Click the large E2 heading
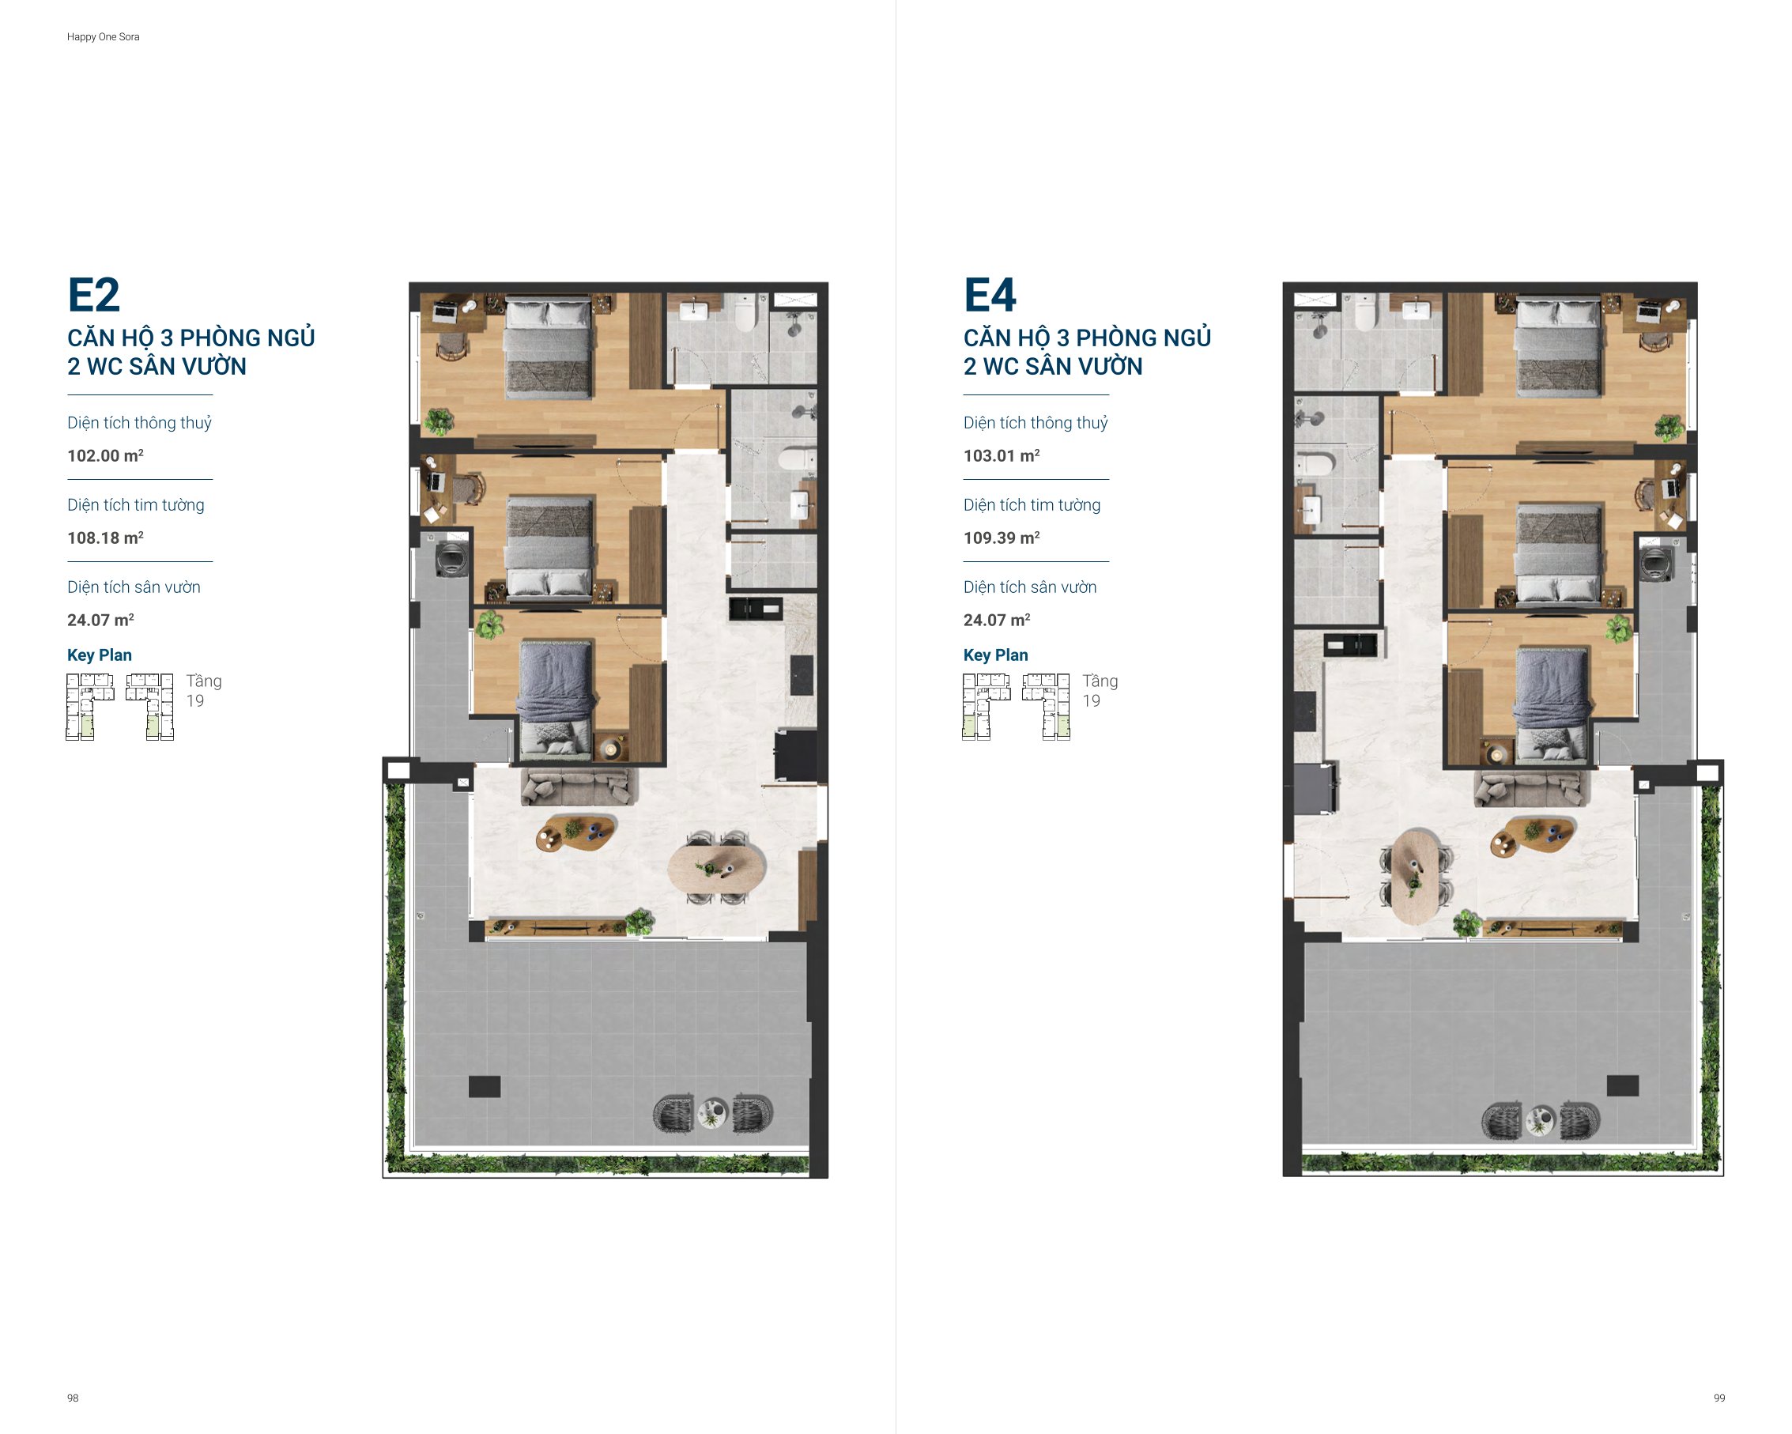94,295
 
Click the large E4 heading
990,295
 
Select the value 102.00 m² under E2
106,455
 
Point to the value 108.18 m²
106,538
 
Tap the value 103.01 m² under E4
1002,455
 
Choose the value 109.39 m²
1002,538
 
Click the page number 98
74,1398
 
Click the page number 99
1718,1398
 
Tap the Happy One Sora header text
103,36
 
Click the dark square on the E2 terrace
485,1086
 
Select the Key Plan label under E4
996,655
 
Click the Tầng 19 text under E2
204,691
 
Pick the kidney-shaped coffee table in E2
577,832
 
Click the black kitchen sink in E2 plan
756,609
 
